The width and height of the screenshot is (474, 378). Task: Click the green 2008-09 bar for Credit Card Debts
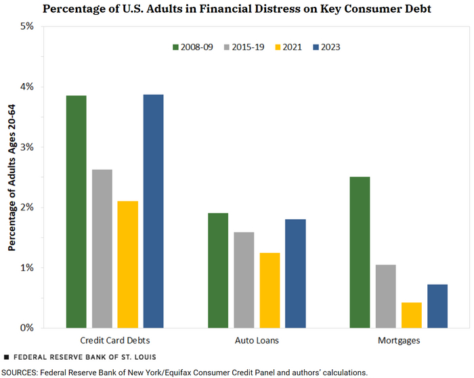[76, 212]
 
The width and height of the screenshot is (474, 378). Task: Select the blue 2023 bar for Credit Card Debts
[153, 211]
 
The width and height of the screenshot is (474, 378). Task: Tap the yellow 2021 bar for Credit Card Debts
[127, 264]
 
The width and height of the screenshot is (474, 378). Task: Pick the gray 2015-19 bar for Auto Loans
[244, 280]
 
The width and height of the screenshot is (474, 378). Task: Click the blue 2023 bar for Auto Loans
[295, 273]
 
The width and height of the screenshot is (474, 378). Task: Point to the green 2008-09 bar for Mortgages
[360, 252]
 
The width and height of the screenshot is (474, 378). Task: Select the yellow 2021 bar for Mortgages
[411, 315]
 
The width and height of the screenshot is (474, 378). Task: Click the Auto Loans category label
[257, 340]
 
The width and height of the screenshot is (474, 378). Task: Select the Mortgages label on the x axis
[398, 340]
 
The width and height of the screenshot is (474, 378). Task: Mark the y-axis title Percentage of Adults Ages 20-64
[12, 177]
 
